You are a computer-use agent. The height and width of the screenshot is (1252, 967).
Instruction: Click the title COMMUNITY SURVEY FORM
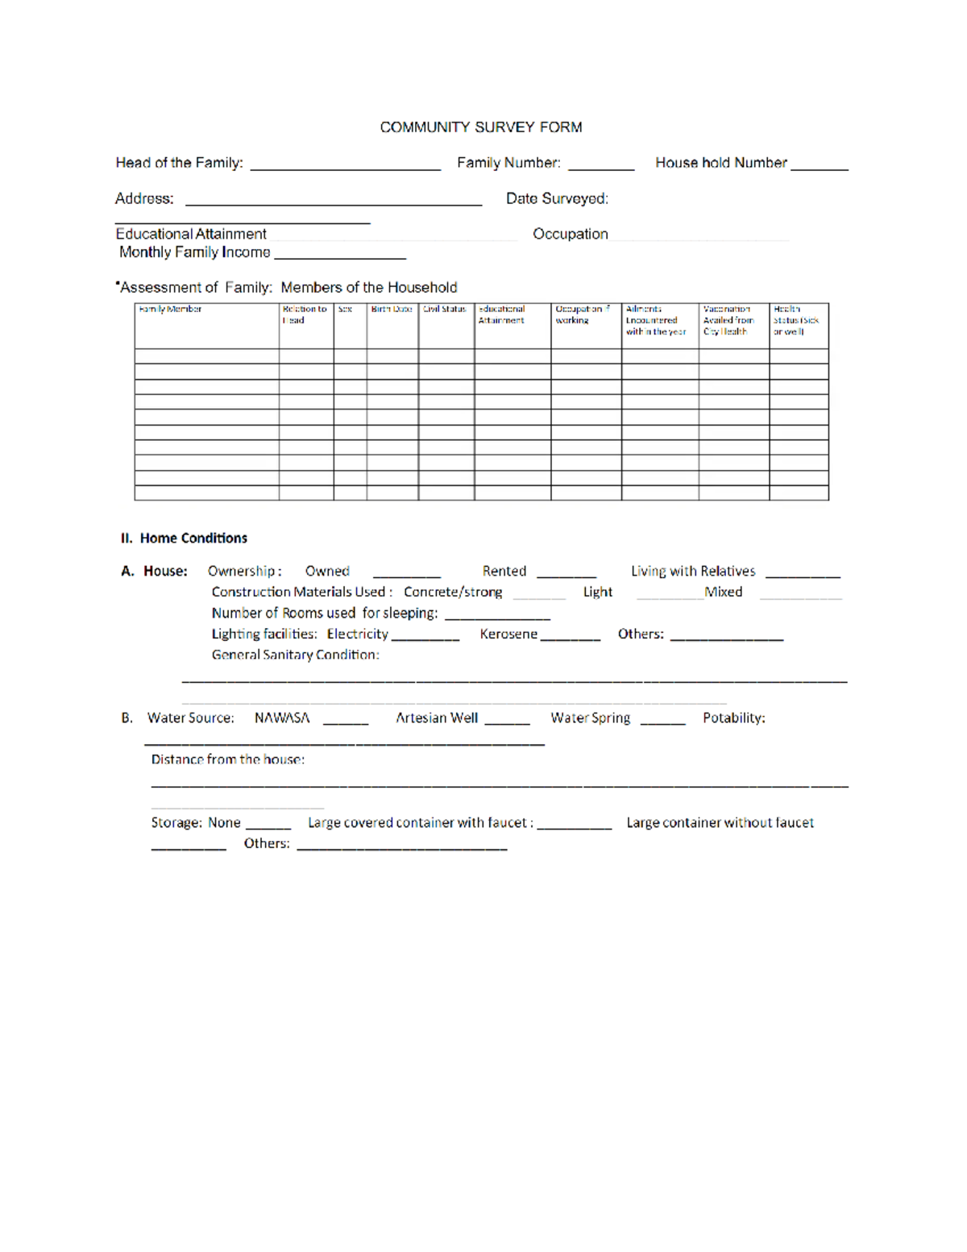click(x=481, y=127)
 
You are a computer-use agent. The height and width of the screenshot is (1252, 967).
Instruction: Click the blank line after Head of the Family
click(x=345, y=166)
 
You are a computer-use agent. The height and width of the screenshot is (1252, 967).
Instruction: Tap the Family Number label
click(x=508, y=163)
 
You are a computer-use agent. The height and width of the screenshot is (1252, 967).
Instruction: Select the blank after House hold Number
click(x=820, y=165)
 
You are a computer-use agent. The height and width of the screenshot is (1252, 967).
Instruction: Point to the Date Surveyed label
click(x=557, y=198)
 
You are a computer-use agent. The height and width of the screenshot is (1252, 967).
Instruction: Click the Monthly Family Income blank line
click(x=340, y=255)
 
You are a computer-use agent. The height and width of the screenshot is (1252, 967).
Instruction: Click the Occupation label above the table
click(x=571, y=234)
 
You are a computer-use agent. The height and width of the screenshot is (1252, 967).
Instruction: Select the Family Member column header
click(x=170, y=309)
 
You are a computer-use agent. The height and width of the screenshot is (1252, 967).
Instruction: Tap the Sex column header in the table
click(x=345, y=309)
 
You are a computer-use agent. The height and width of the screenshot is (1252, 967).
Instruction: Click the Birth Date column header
click(x=392, y=309)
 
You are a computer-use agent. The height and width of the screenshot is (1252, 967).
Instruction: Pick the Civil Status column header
click(x=445, y=309)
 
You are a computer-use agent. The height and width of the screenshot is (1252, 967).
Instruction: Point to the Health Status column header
click(x=796, y=320)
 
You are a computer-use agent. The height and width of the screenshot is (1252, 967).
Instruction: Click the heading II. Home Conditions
click(x=184, y=538)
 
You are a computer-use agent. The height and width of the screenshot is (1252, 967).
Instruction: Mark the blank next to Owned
click(x=406, y=574)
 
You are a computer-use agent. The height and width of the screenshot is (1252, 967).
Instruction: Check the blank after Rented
click(x=567, y=574)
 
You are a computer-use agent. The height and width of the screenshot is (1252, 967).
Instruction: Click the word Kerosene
click(x=508, y=634)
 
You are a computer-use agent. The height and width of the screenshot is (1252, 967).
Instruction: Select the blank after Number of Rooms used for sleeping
click(x=497, y=616)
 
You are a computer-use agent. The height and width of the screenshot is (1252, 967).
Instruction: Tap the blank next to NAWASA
click(x=346, y=721)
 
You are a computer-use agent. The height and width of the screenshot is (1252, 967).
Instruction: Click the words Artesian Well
click(x=437, y=718)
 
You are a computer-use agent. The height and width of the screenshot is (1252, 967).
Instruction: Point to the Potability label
click(x=733, y=718)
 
